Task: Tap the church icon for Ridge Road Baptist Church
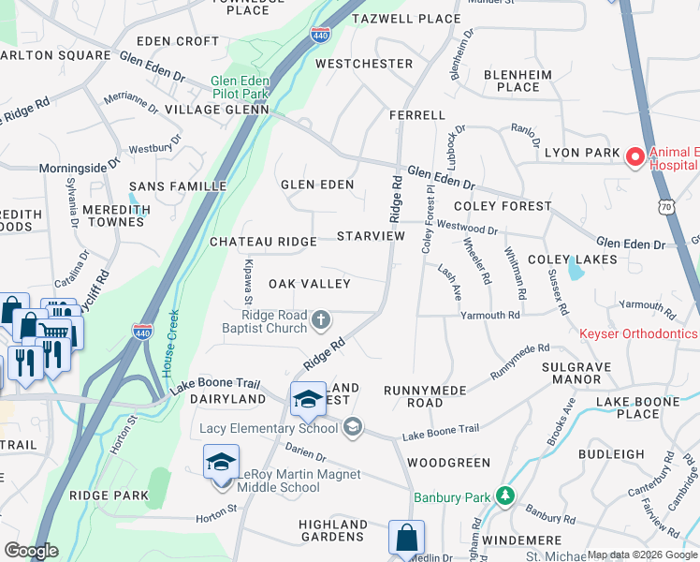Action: (x=321, y=320)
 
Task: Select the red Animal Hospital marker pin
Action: (x=634, y=156)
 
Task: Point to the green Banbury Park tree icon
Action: (x=505, y=493)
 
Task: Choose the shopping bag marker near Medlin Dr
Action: (x=407, y=539)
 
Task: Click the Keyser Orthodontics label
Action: (x=638, y=333)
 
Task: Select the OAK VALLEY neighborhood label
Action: (x=310, y=284)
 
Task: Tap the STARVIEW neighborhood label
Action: (x=371, y=236)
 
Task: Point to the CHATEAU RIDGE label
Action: (x=263, y=242)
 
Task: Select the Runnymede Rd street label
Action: (x=519, y=361)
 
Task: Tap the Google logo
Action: (x=31, y=551)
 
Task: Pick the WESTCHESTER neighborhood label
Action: (x=364, y=64)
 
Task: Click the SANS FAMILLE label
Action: (x=178, y=186)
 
